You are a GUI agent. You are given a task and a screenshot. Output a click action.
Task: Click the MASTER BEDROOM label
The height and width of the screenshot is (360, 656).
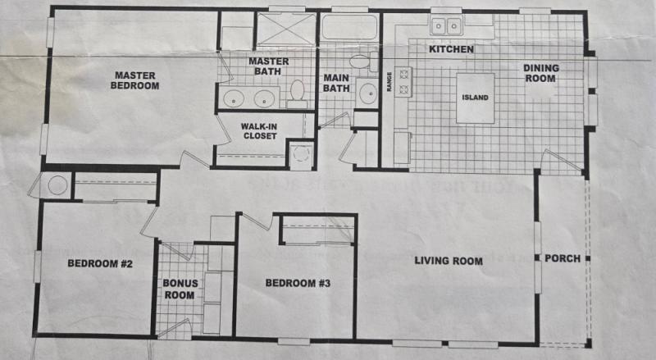point(136,80)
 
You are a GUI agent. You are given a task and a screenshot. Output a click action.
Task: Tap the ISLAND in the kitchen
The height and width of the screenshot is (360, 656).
point(476,98)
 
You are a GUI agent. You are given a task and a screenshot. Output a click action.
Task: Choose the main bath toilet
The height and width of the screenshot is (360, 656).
point(358,62)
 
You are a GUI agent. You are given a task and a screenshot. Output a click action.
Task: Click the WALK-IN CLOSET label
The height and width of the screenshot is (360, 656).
point(258,131)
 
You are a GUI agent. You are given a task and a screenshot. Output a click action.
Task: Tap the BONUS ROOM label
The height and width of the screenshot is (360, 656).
point(178,289)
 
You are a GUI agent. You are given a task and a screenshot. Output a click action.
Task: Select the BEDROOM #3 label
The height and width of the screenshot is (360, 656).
point(298,284)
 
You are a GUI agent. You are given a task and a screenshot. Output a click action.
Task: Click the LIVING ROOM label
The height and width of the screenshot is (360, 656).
point(448,261)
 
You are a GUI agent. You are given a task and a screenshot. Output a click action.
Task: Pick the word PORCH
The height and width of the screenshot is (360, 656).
point(563,258)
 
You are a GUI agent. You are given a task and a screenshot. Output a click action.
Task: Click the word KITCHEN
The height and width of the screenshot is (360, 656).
point(451,50)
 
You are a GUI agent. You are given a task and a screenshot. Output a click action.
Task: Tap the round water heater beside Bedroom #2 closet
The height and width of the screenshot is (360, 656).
point(57,185)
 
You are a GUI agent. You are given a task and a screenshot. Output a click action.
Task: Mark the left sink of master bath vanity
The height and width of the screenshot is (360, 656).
point(235,99)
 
